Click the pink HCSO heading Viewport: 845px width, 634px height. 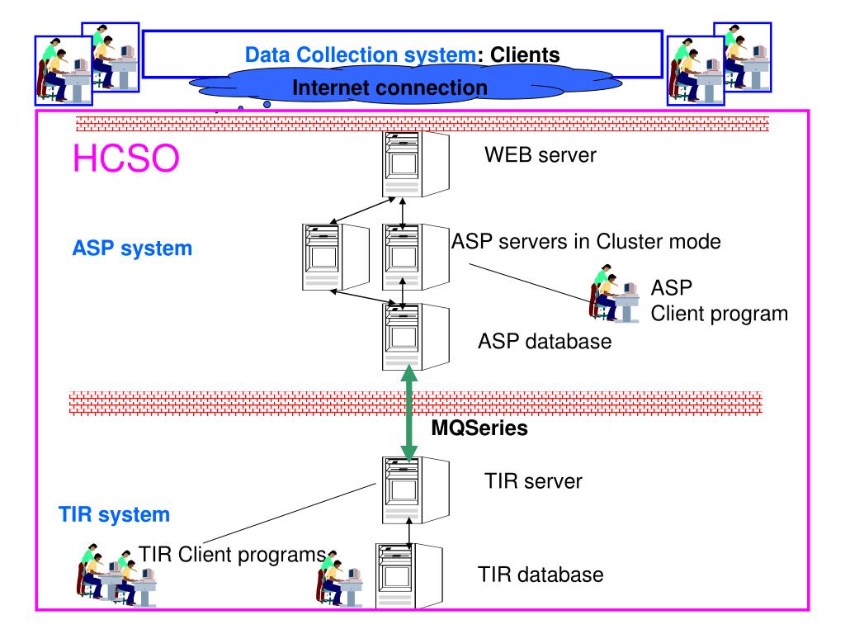pyautogui.click(x=125, y=158)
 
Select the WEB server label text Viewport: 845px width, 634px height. pyautogui.click(x=540, y=155)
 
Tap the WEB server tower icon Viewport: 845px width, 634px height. pyautogui.click(x=416, y=164)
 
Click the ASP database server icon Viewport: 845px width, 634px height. pyautogui.click(x=416, y=337)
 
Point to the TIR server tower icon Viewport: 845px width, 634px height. pyautogui.click(x=416, y=490)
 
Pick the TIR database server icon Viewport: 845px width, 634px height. pyautogui.click(x=409, y=575)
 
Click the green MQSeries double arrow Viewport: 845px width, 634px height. pyautogui.click(x=409, y=414)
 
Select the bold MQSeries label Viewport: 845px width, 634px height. pyautogui.click(x=479, y=428)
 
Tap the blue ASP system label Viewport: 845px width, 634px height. pyautogui.click(x=132, y=248)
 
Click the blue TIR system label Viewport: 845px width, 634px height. pyautogui.click(x=114, y=515)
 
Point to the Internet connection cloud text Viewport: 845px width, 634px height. pyautogui.click(x=389, y=88)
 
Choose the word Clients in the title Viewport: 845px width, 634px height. pyautogui.click(x=524, y=55)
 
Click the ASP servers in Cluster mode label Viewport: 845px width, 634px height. pyautogui.click(x=586, y=242)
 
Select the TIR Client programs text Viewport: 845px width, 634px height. pyautogui.click(x=232, y=554)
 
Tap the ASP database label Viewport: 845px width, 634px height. pyautogui.click(x=545, y=341)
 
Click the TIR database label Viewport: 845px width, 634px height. pyautogui.click(x=540, y=575)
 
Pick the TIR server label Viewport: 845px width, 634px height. pyautogui.click(x=533, y=481)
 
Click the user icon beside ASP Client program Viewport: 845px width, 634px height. pyautogui.click(x=614, y=293)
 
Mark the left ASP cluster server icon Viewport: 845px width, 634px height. pyautogui.click(x=335, y=258)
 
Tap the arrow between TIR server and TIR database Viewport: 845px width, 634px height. pyautogui.click(x=409, y=534)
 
